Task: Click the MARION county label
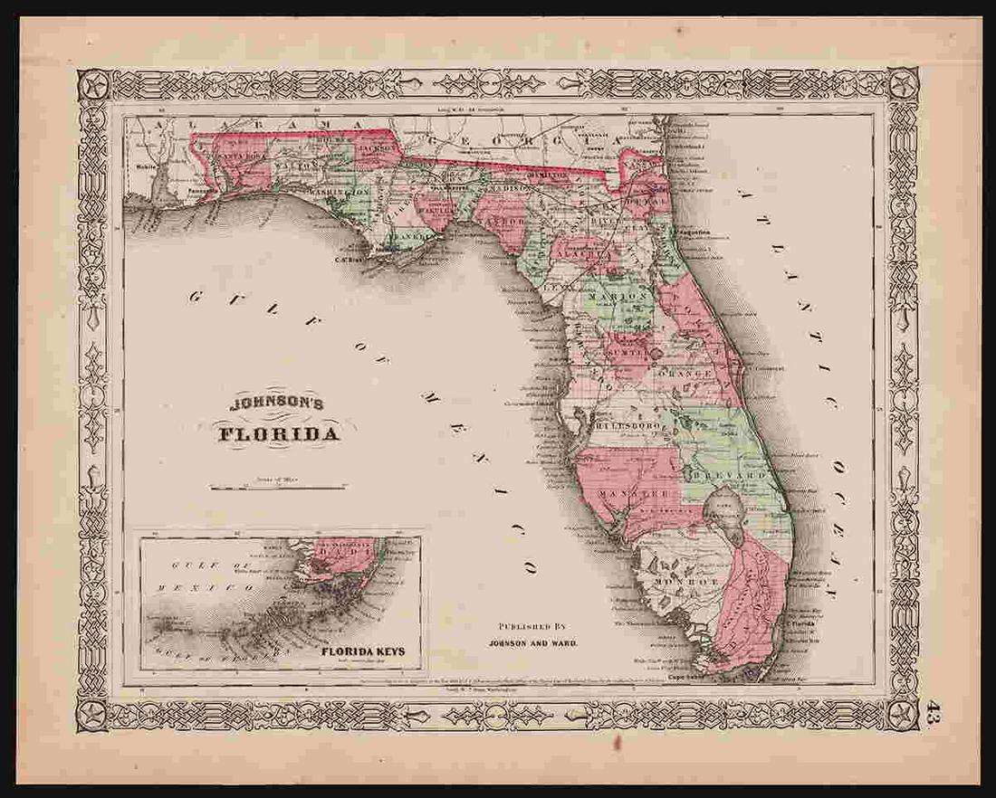[x=617, y=296]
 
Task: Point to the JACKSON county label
[x=376, y=148]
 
